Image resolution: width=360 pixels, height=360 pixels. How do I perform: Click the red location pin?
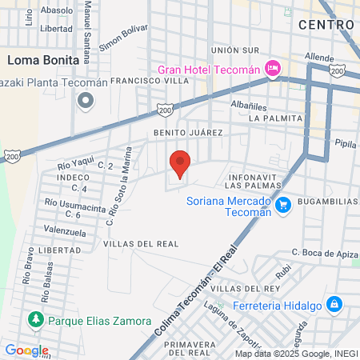click(180, 163)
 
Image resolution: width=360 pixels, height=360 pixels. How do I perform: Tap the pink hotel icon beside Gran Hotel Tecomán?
click(274, 69)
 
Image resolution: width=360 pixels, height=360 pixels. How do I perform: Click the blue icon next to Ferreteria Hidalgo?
click(334, 305)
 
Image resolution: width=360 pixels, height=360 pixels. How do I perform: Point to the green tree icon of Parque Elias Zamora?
click(35, 321)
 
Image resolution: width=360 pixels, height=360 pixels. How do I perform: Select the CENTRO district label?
click(326, 25)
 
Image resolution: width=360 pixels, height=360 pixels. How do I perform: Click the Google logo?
click(26, 350)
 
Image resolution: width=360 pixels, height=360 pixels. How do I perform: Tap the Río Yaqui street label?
click(76, 166)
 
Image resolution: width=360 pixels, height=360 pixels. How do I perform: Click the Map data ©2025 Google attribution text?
click(295, 353)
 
